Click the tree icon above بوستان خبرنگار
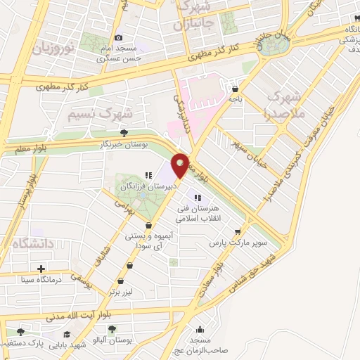coord(124,131)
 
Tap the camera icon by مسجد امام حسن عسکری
coord(118,37)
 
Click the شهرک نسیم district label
coord(102,112)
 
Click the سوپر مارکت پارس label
coord(232,243)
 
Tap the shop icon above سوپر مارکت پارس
coord(239,231)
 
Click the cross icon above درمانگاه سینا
coord(41,269)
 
